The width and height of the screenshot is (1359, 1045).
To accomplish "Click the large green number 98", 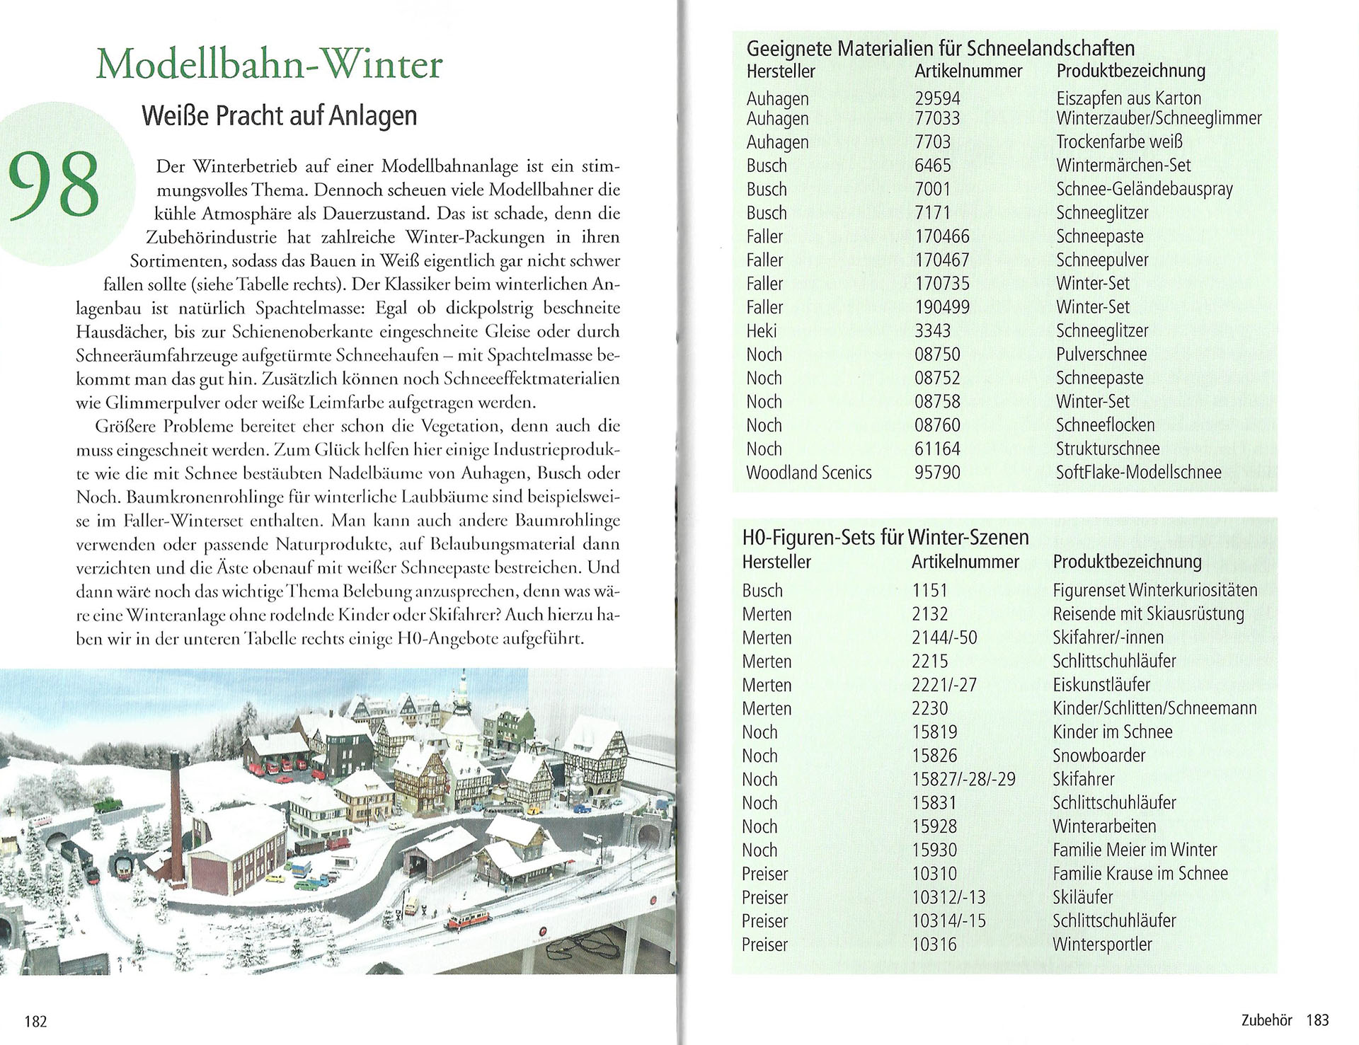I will (x=54, y=185).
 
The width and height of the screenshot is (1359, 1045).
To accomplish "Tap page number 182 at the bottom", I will (x=35, y=1021).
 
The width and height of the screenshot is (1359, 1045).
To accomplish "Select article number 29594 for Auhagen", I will (x=937, y=98).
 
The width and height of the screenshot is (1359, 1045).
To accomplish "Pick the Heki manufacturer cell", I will (x=762, y=331).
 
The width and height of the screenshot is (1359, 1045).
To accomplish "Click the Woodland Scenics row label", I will (x=808, y=473).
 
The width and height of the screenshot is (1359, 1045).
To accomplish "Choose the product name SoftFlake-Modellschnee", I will (x=1138, y=473).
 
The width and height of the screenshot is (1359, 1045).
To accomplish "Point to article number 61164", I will (x=937, y=449).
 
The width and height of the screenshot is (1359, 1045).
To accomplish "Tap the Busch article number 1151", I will (x=929, y=591).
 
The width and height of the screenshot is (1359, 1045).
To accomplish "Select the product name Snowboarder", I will (x=1099, y=756).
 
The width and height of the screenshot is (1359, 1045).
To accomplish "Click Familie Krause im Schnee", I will (x=1140, y=874).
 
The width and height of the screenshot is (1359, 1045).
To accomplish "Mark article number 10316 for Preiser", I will (x=934, y=945).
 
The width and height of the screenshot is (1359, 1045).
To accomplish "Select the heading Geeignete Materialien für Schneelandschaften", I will (x=941, y=49).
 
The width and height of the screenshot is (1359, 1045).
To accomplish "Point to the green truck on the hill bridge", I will (x=108, y=803).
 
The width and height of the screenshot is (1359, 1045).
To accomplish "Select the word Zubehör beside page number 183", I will (x=1266, y=1020).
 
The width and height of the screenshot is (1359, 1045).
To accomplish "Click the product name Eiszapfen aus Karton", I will (x=1128, y=98).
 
